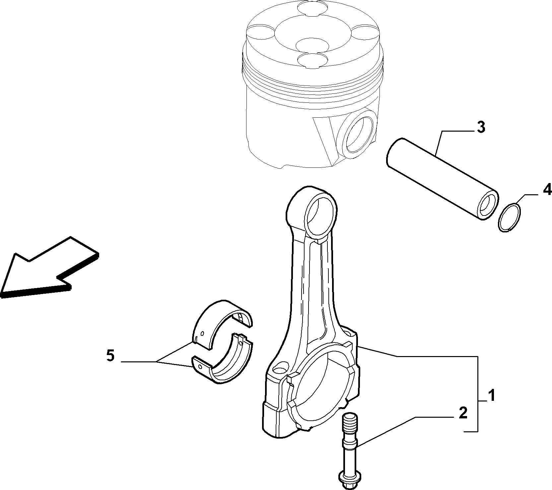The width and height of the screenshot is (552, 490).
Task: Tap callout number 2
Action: click(463, 413)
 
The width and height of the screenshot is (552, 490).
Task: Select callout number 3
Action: click(481, 127)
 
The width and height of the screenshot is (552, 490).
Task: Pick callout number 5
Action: click(110, 356)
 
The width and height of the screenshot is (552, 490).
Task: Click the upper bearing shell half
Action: click(222, 325)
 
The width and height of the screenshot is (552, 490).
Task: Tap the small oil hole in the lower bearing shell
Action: click(200, 366)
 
